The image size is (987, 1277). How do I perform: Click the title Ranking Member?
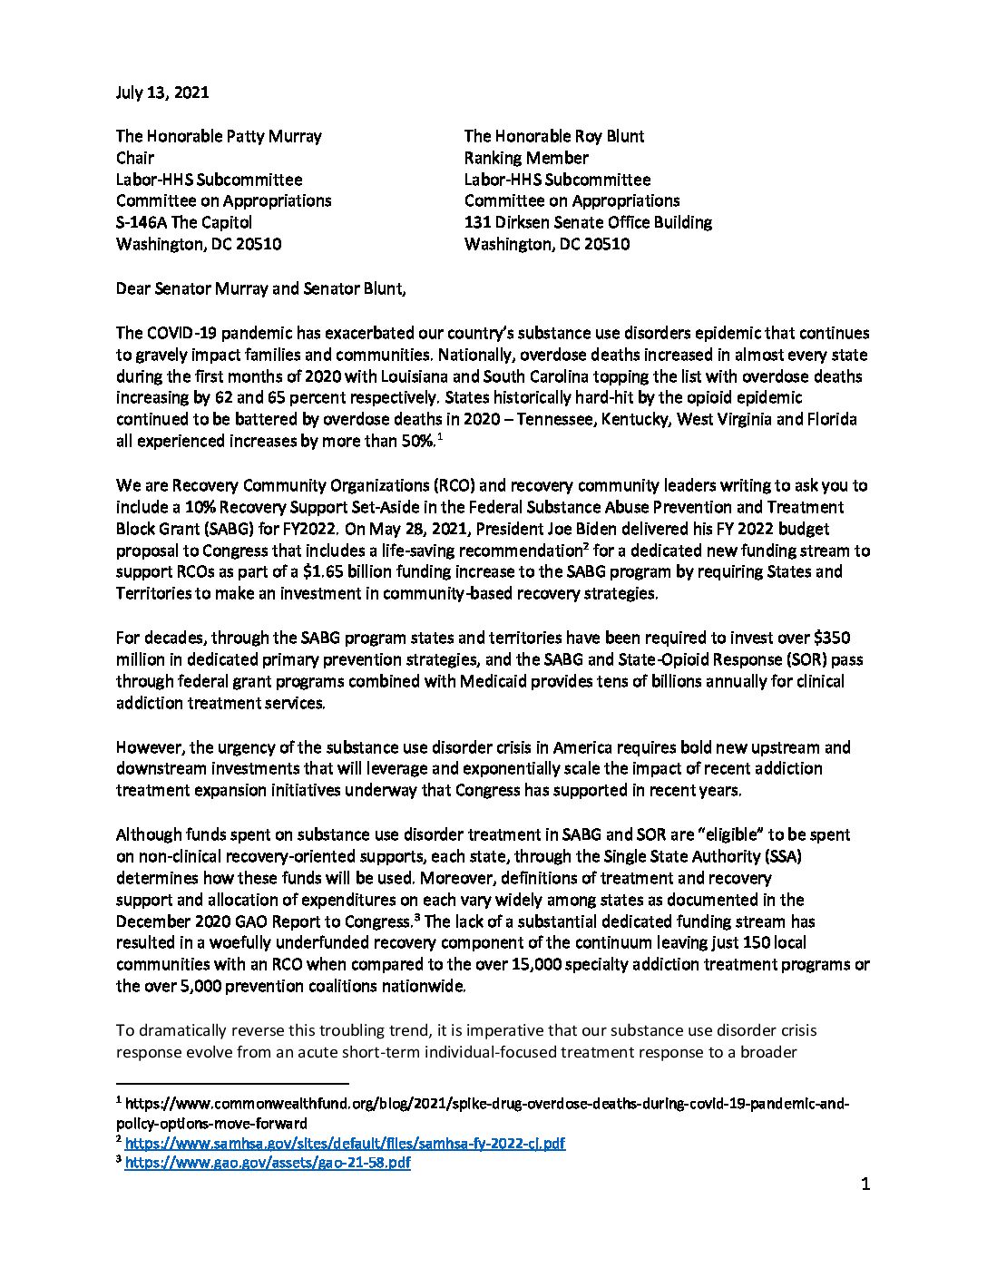pyautogui.click(x=526, y=158)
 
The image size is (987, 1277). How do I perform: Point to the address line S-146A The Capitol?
pyautogui.click(x=184, y=222)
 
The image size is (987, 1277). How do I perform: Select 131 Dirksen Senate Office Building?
pyautogui.click(x=588, y=222)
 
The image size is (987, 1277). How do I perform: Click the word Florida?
pyautogui.click(x=833, y=419)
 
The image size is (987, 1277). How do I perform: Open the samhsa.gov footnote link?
pyautogui.click(x=345, y=1144)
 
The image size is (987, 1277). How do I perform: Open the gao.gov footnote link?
pyautogui.click(x=268, y=1163)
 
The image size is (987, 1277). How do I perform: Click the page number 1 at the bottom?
pyautogui.click(x=865, y=1184)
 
